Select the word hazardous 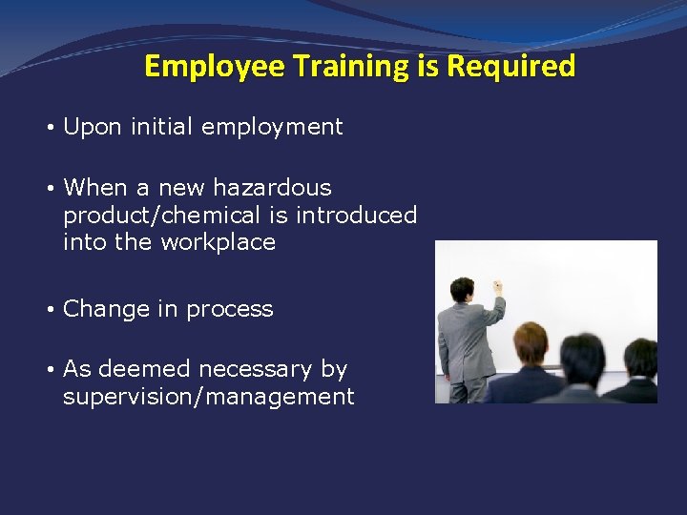coord(272,188)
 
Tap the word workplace coord(218,242)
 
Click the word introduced coord(356,216)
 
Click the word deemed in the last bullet coord(139,369)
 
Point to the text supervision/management coord(208,397)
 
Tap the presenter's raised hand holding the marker coord(496,285)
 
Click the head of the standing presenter coord(463,289)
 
